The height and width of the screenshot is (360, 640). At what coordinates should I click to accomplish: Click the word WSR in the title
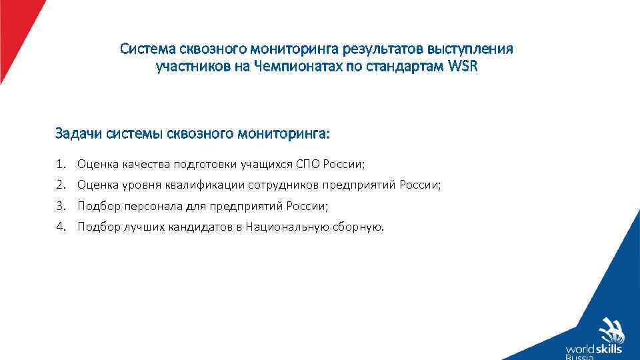pyautogui.click(x=463, y=67)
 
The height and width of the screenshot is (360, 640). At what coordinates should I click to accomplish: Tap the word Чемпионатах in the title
pyautogui.click(x=291, y=67)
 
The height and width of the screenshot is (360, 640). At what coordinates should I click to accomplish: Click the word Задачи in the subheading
pyautogui.click(x=76, y=134)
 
